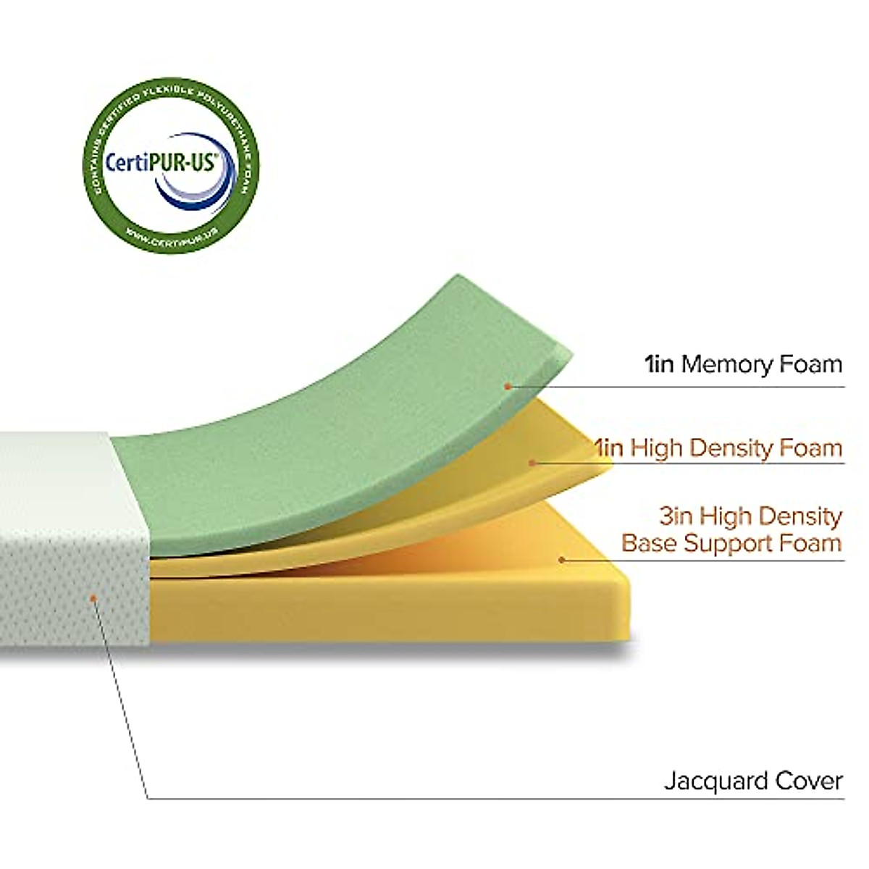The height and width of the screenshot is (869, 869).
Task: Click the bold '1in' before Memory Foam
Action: click(x=659, y=364)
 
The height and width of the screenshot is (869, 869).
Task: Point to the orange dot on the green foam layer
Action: click(x=508, y=387)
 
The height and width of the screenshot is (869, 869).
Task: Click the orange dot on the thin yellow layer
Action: click(x=532, y=463)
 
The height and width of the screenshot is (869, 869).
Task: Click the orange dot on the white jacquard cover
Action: click(x=93, y=597)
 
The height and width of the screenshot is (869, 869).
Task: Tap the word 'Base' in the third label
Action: click(x=649, y=542)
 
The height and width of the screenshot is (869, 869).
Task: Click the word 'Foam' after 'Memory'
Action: click(x=810, y=364)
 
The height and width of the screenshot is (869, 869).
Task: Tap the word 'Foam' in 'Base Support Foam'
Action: click(x=812, y=542)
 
